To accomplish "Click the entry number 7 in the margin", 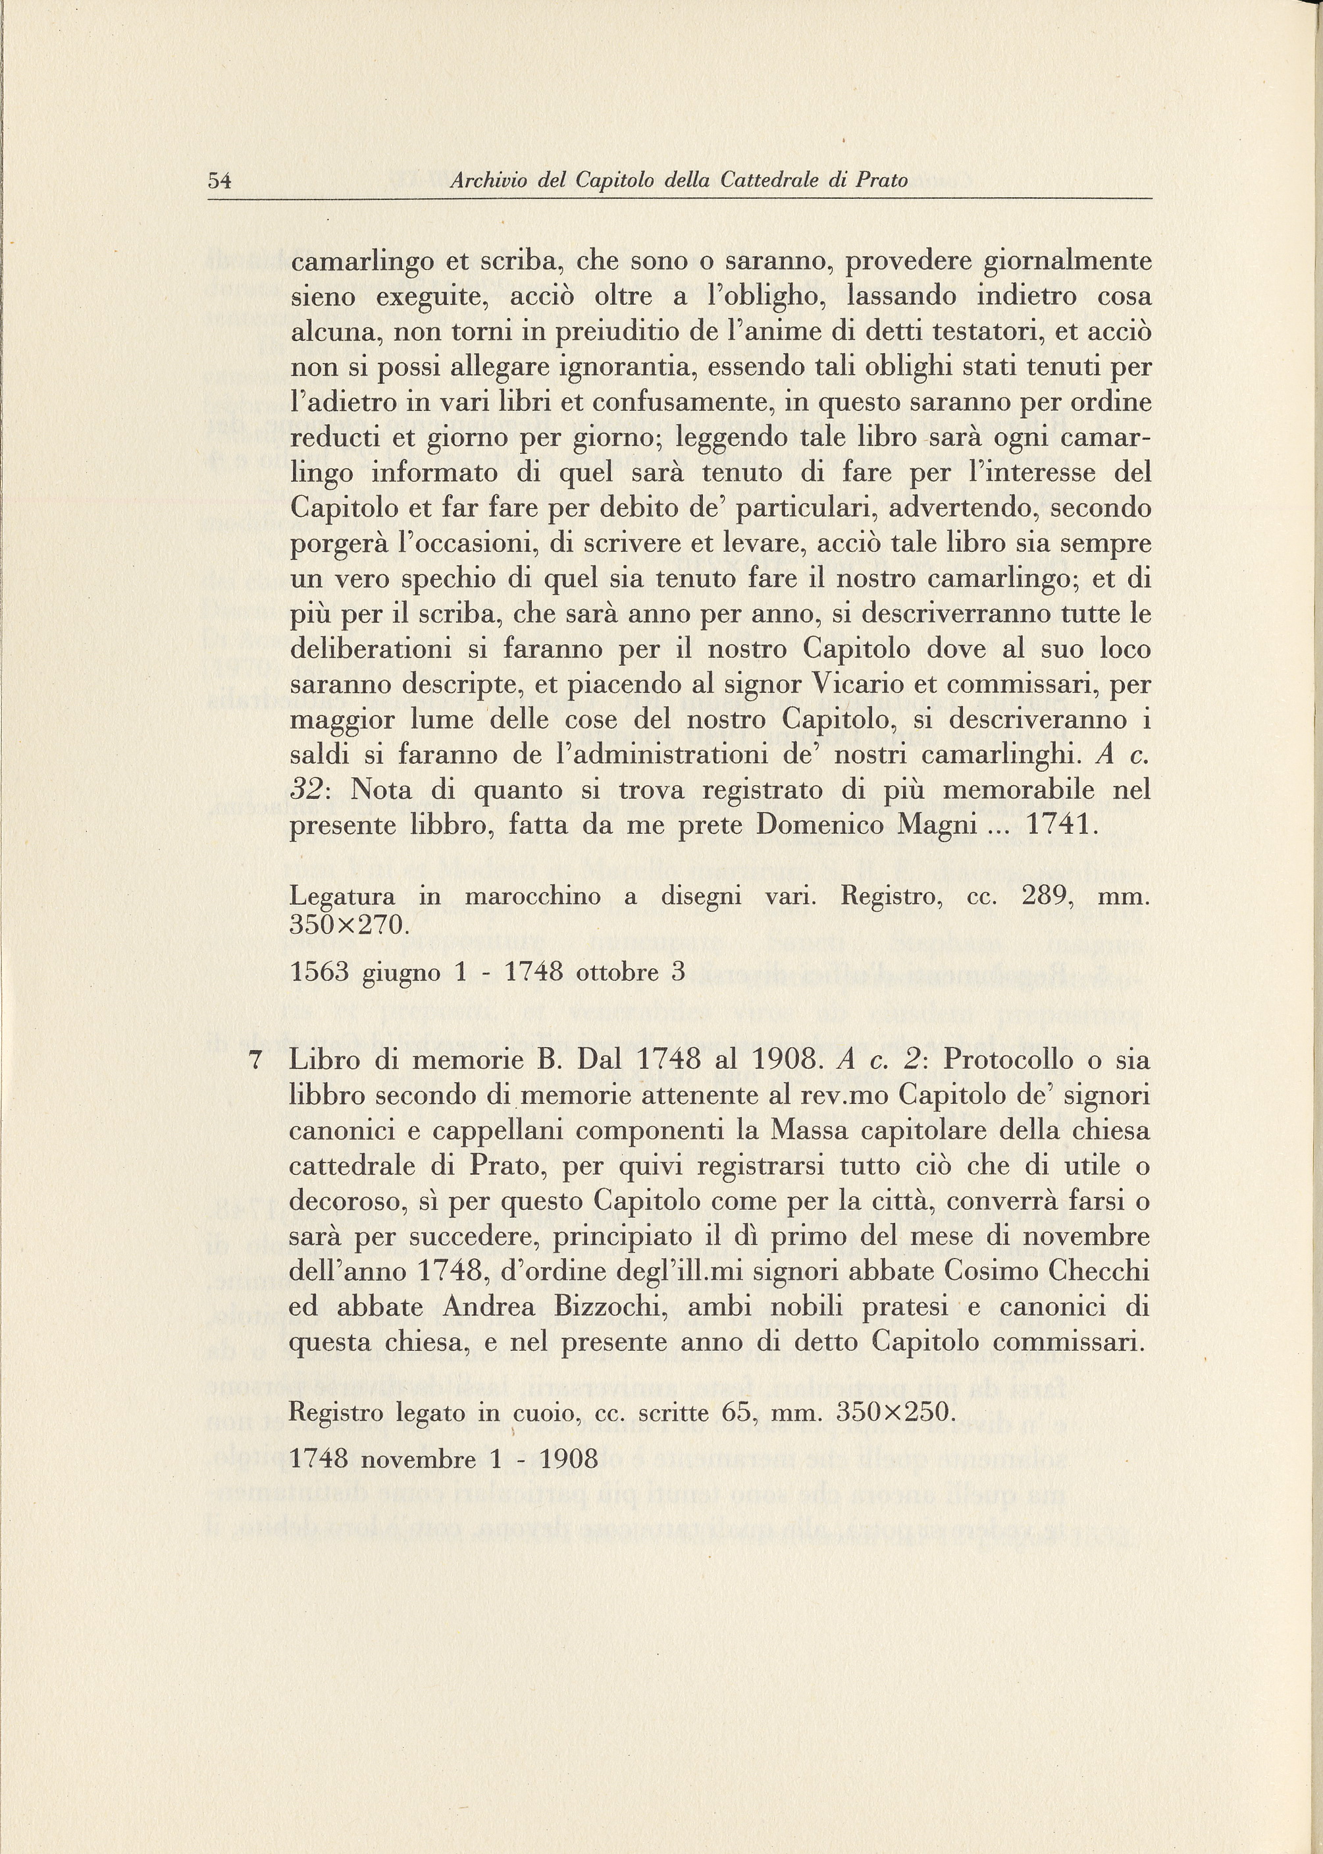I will (257, 1061).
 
